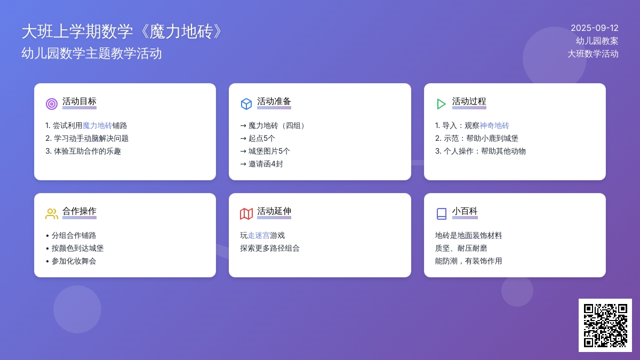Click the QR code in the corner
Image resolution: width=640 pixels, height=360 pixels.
click(605, 325)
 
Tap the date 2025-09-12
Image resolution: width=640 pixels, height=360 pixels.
click(594, 28)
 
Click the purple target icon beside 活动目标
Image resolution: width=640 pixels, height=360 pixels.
click(52, 103)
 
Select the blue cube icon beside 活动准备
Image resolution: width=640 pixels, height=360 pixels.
click(246, 103)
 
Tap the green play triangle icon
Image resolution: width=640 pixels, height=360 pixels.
click(441, 103)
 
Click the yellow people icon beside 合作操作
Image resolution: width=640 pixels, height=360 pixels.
click(52, 214)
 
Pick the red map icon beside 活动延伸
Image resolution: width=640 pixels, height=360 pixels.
click(246, 214)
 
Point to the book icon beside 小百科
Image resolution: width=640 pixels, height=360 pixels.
click(442, 214)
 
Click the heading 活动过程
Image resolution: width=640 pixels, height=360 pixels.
click(469, 101)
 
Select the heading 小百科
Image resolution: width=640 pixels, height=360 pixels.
click(465, 211)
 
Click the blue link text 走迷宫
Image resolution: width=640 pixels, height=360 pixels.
click(259, 235)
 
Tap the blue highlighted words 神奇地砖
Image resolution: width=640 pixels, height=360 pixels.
click(494, 125)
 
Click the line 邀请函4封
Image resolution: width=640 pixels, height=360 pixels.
click(262, 164)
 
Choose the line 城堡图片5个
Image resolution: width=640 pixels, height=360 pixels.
click(265, 151)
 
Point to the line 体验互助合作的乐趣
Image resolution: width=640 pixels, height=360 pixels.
click(83, 151)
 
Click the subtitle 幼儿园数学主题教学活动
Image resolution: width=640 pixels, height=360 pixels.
click(92, 53)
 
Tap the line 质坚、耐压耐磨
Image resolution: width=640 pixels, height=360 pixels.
click(461, 249)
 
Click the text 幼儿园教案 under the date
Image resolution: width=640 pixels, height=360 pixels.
click(597, 41)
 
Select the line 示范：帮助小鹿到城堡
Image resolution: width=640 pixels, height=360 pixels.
click(477, 138)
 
